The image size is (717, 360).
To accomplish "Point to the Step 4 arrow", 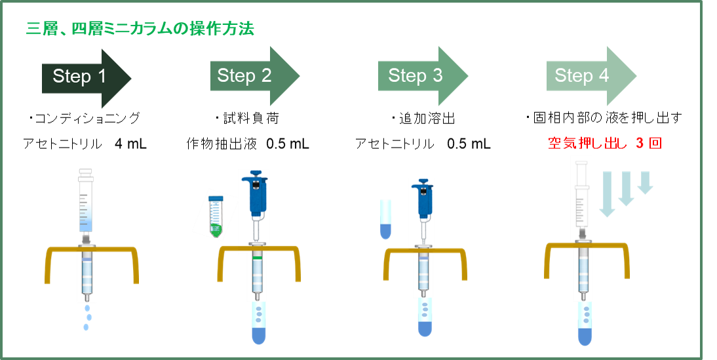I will coord(587,76).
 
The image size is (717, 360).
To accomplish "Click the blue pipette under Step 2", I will coord(255,197).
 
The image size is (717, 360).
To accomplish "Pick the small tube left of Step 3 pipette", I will coord(385,219).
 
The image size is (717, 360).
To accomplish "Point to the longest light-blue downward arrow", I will coord(608,194).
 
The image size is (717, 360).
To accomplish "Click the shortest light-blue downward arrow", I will coord(646,183).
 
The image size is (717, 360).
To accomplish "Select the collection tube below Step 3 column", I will coord(425,319).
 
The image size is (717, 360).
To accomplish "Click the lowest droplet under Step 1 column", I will coord(85,327).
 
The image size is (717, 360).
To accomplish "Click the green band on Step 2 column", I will coord(258,259).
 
